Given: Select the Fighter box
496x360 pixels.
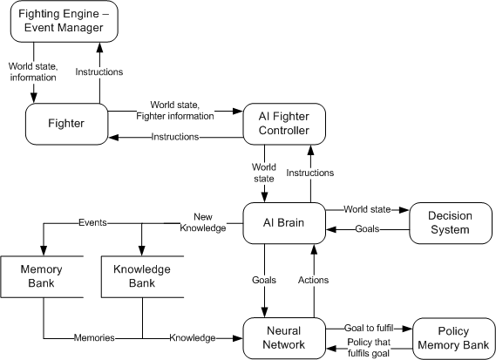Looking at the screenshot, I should coord(65,124).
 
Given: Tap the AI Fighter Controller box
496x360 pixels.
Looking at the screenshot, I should coord(282,123).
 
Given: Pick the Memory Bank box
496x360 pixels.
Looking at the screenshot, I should coord(43,277).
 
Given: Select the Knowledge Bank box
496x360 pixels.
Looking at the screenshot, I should coord(141,277).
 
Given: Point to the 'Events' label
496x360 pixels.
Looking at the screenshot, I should coord(92,222).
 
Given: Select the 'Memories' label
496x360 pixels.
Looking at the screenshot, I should coord(92,336).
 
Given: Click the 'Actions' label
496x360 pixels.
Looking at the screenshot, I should coord(313,280).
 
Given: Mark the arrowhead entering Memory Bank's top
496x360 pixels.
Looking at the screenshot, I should coord(43,250).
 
